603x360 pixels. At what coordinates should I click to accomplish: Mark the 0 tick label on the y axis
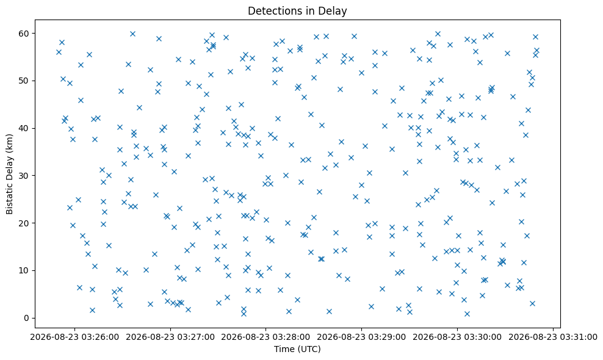pos(27,318)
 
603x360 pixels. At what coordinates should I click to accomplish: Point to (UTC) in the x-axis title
pos(308,349)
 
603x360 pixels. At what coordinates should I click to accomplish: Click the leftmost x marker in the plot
pos(59,52)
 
